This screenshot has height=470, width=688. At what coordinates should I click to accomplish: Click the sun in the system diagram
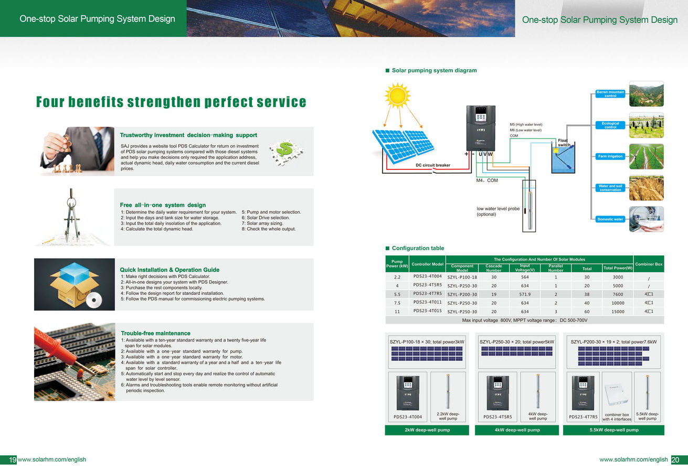point(397,95)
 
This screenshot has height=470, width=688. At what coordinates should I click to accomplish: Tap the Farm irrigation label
point(610,156)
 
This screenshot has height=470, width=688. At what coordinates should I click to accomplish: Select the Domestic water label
point(610,219)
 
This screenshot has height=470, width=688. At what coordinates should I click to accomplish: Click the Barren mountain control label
point(610,93)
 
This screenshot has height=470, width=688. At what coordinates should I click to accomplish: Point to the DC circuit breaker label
point(433,165)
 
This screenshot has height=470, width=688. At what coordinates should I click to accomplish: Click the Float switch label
point(564,143)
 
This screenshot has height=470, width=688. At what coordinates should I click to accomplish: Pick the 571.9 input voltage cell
point(525,294)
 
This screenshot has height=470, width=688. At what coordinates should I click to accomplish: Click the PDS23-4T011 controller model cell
point(428,302)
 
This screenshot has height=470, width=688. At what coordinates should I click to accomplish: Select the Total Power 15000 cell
point(618,312)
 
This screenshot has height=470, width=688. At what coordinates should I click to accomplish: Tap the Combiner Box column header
point(649,264)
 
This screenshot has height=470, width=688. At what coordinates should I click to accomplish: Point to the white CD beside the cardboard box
point(94,300)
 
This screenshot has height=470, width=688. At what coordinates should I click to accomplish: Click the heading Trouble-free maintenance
point(155,333)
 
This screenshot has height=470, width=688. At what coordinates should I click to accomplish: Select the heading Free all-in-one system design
point(163,205)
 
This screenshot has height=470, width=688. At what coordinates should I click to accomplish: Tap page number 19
point(12,460)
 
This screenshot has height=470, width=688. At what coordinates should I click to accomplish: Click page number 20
point(675,460)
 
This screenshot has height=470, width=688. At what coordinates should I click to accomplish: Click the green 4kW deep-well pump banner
point(517,430)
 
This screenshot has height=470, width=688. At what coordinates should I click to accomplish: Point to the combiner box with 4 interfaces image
point(617,396)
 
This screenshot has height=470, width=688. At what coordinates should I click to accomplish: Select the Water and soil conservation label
point(610,188)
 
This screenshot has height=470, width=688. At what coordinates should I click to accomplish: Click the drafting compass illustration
point(71,215)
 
